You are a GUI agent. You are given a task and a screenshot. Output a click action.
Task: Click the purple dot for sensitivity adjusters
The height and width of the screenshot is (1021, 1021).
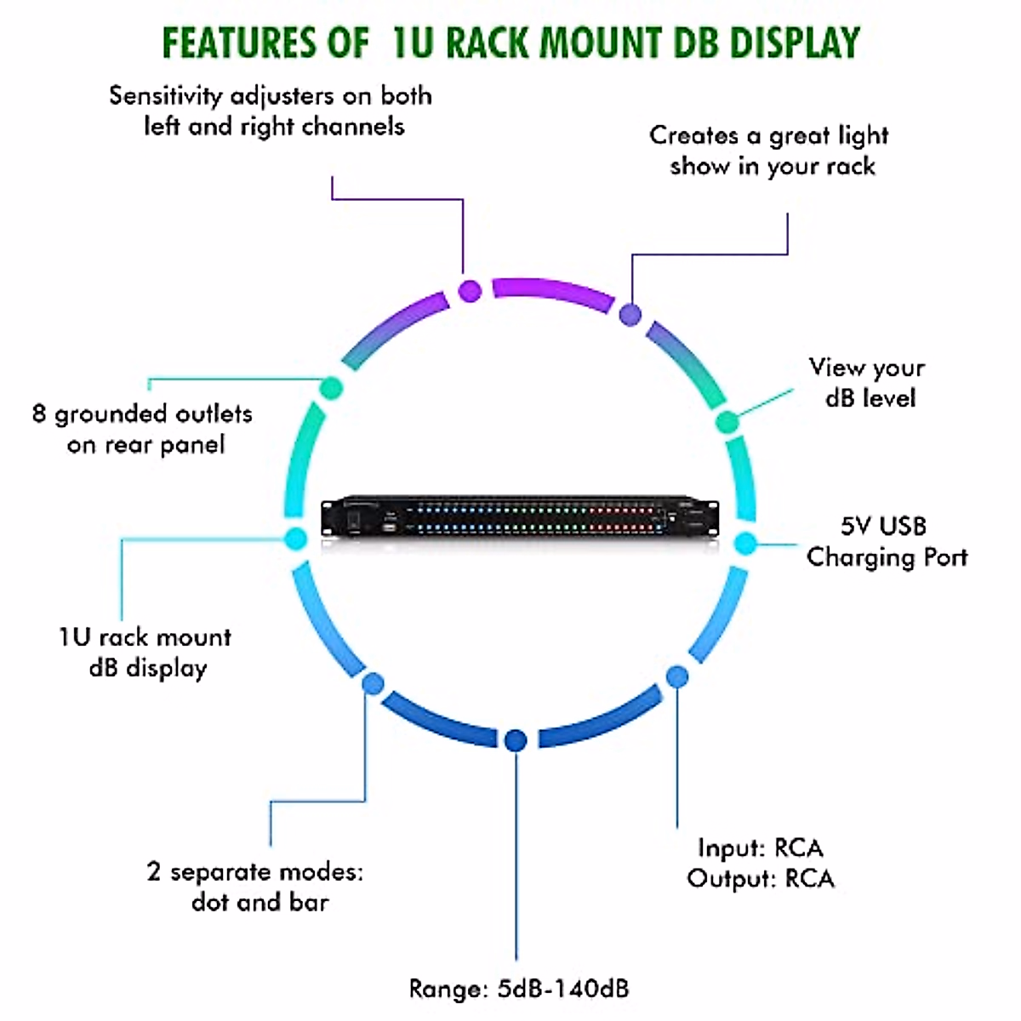(470, 290)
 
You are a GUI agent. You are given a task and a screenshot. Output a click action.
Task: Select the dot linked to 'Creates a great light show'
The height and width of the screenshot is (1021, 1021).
(630, 314)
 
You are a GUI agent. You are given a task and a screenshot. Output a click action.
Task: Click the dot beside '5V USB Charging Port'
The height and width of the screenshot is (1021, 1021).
(745, 543)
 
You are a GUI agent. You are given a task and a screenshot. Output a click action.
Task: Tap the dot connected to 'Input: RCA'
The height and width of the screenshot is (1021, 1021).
(676, 677)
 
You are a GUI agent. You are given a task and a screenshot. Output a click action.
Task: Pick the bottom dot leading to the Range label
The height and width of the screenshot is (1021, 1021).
(515, 740)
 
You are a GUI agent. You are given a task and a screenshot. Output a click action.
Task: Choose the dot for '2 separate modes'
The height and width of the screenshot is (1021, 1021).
(373, 683)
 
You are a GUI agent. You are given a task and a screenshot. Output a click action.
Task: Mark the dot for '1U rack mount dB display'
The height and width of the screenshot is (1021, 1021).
(295, 538)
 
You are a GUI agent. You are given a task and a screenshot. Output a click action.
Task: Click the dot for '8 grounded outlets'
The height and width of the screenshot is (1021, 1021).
(330, 389)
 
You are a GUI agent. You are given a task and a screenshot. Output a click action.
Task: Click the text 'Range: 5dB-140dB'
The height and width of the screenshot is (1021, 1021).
(519, 989)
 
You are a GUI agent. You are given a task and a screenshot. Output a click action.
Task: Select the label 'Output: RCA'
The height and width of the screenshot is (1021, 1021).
(761, 879)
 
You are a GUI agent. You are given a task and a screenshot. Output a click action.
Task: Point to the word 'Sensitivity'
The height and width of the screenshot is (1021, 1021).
(164, 95)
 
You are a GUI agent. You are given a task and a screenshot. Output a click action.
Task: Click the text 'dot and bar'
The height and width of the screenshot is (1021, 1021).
(260, 902)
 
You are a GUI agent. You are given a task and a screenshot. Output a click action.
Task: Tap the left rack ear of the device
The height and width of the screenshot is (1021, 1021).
(327, 519)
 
